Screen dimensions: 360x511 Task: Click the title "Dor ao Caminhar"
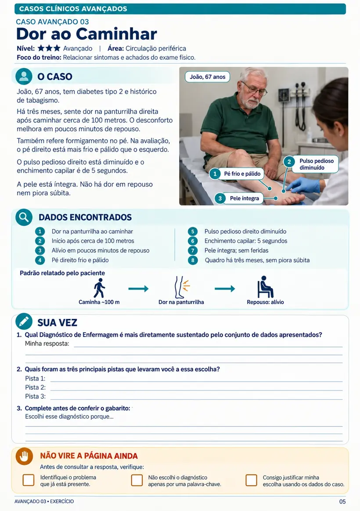pyautogui.click(x=86, y=34)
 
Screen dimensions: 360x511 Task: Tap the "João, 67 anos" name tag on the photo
pyautogui.click(x=208, y=77)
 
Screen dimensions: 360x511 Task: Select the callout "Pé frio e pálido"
pyautogui.click(x=236, y=174)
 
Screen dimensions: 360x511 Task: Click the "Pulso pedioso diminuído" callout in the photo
pyautogui.click(x=311, y=164)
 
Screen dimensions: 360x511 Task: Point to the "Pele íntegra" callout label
pyautogui.click(x=239, y=198)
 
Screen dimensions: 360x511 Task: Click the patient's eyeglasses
pyautogui.click(x=254, y=89)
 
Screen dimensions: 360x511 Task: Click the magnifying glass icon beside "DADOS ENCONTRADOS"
pyautogui.click(x=24, y=217)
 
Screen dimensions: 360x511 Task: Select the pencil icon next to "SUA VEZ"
pyautogui.click(x=24, y=322)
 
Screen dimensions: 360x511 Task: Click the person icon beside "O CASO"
pyautogui.click(x=24, y=76)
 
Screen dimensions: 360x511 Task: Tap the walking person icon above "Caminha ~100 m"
pyautogui.click(x=99, y=288)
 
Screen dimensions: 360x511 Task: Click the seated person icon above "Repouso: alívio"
pyautogui.click(x=265, y=287)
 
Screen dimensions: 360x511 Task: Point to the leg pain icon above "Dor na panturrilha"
pyautogui.click(x=182, y=287)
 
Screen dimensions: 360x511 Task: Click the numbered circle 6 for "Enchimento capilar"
pyautogui.click(x=193, y=241)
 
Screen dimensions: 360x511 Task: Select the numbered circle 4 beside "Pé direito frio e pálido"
pyautogui.click(x=40, y=260)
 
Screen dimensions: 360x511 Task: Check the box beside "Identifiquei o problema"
pyautogui.click(x=29, y=480)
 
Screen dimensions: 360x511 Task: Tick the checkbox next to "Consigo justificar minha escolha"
pyautogui.click(x=251, y=480)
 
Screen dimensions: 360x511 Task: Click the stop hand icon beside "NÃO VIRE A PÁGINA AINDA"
pyautogui.click(x=25, y=456)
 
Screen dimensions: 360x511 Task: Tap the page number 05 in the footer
pyautogui.click(x=342, y=501)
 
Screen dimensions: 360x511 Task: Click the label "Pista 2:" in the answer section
pyautogui.click(x=35, y=388)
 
